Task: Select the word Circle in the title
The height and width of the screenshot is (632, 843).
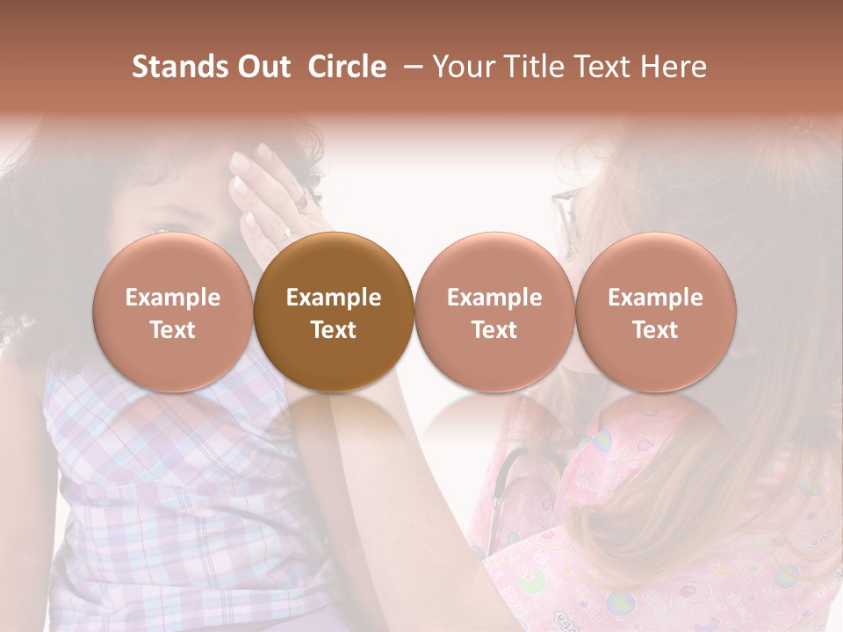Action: (x=347, y=67)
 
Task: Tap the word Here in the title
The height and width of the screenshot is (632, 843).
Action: (x=674, y=67)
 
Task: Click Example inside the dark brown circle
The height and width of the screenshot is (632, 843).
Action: (x=334, y=298)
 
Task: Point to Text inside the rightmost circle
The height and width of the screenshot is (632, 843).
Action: (x=656, y=330)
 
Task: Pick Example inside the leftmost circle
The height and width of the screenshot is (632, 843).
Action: (x=173, y=298)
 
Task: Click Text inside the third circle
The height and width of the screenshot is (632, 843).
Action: (x=494, y=330)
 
